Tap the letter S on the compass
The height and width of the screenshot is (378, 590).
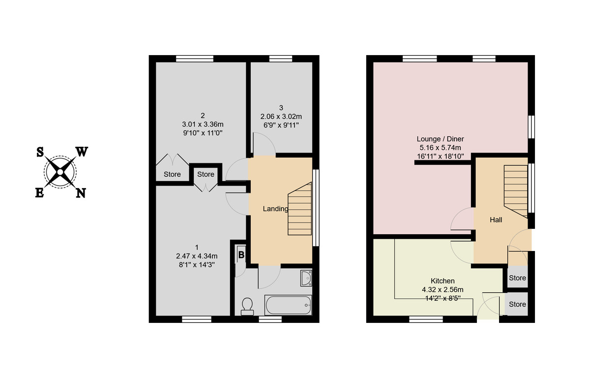(39, 152)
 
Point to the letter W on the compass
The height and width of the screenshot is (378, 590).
(82, 152)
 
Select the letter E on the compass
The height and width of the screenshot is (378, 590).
(39, 193)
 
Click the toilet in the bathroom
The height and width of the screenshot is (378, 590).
(247, 306)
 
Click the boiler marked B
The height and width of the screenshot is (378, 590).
(241, 254)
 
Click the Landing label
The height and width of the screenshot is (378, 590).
(275, 209)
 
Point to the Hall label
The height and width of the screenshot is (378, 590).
(496, 220)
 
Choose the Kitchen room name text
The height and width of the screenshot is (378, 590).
(443, 281)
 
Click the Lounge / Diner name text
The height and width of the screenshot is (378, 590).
(440, 139)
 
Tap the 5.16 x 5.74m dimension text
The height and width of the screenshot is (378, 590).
(440, 147)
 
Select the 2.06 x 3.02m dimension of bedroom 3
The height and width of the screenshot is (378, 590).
(281, 117)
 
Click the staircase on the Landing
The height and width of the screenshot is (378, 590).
(299, 209)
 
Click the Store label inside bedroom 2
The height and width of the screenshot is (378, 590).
(172, 174)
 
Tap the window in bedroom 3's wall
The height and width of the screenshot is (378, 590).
(281, 59)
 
